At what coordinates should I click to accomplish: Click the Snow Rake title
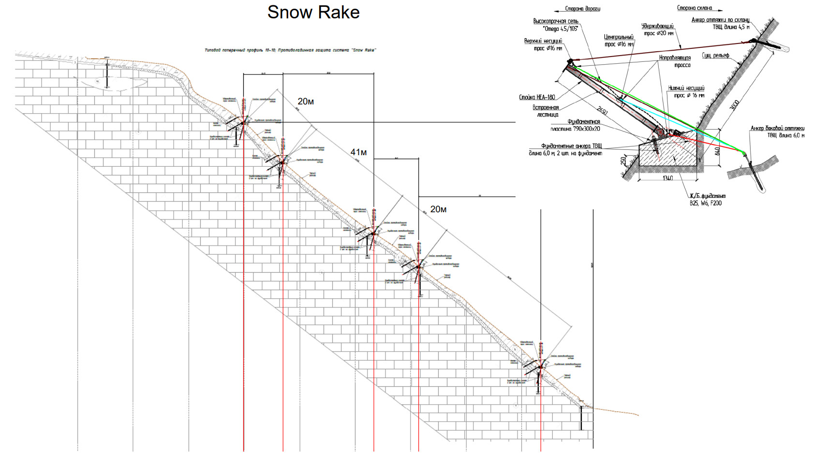point(313,13)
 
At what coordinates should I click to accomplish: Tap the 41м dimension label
point(358,152)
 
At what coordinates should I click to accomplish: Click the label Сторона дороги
point(582,9)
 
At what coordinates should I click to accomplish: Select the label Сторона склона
point(694,8)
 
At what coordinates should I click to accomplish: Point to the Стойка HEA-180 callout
point(537,97)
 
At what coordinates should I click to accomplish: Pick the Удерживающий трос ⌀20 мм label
point(657,29)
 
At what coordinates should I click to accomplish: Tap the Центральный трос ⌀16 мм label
point(619,41)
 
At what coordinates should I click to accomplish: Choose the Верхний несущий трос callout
point(543,44)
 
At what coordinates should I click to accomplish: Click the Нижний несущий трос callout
point(686,92)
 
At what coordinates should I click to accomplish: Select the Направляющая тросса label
point(675,61)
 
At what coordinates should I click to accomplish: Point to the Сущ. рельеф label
point(715,56)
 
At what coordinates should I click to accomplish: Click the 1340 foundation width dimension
point(667,178)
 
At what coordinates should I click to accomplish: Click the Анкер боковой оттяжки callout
point(777,132)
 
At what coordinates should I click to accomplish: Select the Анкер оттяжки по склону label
point(720,23)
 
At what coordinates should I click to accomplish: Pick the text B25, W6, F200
point(706,203)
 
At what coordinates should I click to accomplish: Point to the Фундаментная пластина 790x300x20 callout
point(576,125)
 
